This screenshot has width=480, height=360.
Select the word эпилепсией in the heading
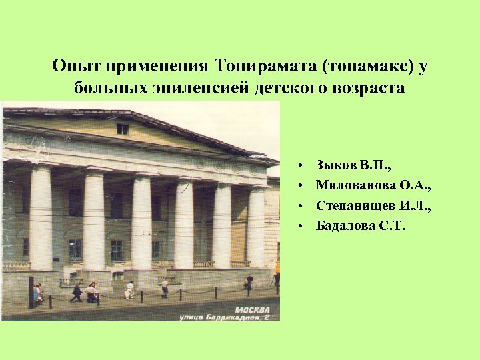pyautogui.click(x=202, y=89)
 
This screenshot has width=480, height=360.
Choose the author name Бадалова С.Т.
pyautogui.click(x=360, y=226)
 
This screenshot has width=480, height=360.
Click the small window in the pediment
pyautogui.click(x=123, y=129)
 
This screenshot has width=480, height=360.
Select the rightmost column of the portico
pyautogui.click(x=257, y=227)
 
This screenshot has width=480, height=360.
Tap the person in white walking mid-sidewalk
pyautogui.click(x=129, y=290)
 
